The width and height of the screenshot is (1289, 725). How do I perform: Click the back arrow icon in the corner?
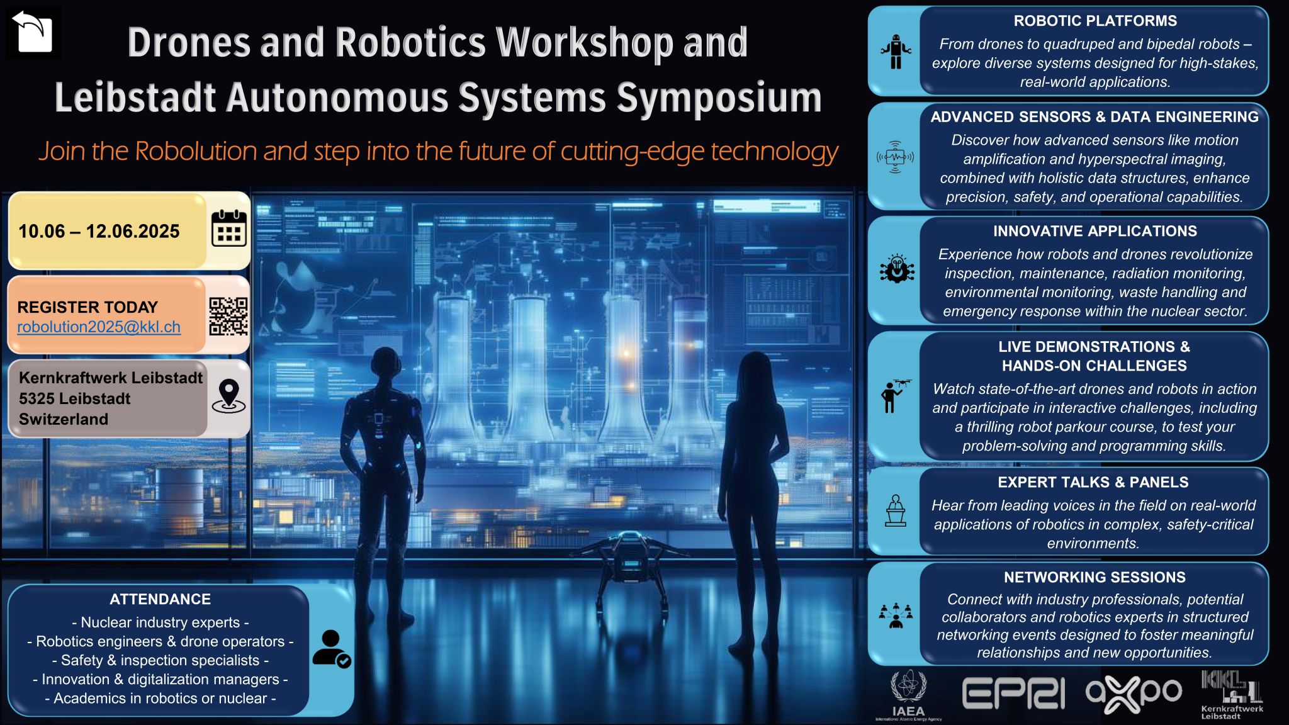(x=33, y=33)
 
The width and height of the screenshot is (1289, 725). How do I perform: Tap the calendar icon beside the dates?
(x=228, y=228)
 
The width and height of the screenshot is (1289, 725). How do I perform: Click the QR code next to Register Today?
(x=228, y=317)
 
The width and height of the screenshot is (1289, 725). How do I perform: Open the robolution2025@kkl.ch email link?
(x=99, y=327)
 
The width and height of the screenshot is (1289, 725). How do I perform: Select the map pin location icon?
(x=228, y=396)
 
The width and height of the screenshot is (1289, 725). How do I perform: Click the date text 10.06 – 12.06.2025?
(x=99, y=232)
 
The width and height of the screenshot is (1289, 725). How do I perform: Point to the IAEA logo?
(x=908, y=695)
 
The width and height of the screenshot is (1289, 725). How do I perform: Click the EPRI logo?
(x=1013, y=694)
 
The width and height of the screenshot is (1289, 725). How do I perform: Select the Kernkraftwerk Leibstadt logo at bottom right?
(x=1231, y=695)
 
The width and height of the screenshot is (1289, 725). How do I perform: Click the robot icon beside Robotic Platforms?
(x=896, y=52)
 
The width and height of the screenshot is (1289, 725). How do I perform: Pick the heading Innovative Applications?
(x=1095, y=231)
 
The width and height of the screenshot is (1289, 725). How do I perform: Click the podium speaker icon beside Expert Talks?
(x=896, y=510)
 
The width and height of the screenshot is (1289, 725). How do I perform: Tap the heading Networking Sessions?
(x=1095, y=577)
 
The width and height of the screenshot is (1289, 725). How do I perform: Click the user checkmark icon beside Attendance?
(x=331, y=649)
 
